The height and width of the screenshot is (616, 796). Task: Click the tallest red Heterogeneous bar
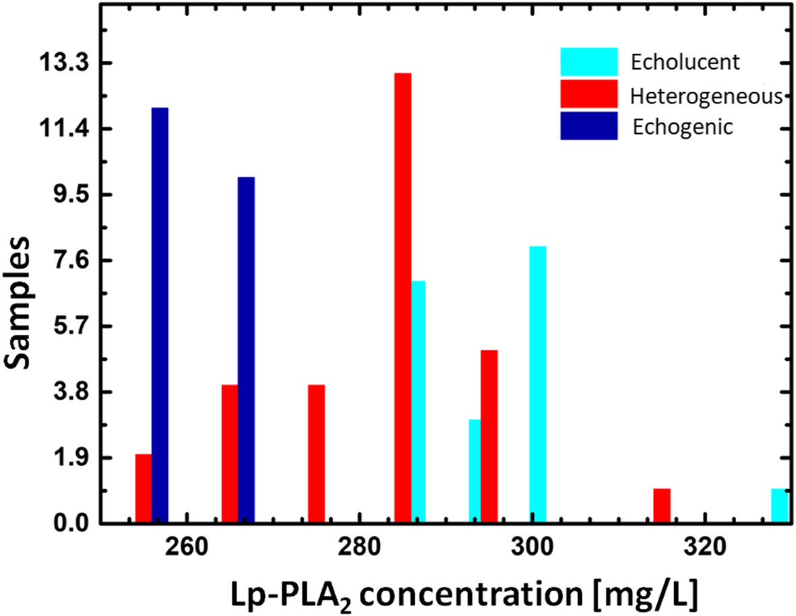coord(402,297)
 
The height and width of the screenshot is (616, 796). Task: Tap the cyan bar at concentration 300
coord(537,385)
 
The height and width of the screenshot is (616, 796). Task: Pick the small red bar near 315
coord(662,506)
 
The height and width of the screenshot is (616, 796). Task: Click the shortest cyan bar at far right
coord(780,506)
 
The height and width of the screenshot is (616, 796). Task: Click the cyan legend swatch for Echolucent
coord(588,62)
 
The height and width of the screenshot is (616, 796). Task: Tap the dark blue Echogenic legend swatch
coord(588,126)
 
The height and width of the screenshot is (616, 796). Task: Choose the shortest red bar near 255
coord(143,488)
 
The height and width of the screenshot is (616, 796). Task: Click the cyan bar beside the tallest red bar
coord(419,402)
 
